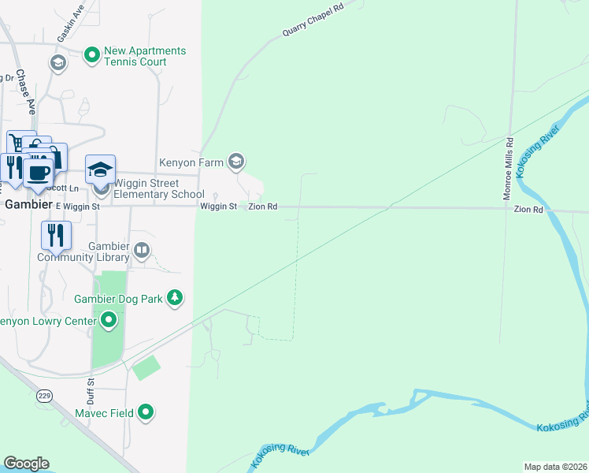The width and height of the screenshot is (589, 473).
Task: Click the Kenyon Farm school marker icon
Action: [x=235, y=162]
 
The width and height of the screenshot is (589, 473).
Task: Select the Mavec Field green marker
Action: [x=146, y=412]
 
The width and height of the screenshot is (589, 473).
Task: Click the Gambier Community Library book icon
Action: [x=142, y=251]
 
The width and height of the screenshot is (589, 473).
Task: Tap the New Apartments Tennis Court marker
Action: [x=92, y=54]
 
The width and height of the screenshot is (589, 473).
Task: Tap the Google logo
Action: [x=25, y=464]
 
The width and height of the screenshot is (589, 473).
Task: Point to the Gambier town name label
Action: [x=28, y=203]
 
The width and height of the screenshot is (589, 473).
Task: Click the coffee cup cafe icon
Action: [x=38, y=171]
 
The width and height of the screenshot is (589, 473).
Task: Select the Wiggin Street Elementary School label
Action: [x=159, y=190]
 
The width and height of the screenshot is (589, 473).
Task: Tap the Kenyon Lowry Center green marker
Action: [x=109, y=320]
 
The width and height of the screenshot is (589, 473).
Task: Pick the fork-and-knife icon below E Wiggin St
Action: [x=56, y=234]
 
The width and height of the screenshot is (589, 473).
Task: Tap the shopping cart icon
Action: [x=17, y=142]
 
